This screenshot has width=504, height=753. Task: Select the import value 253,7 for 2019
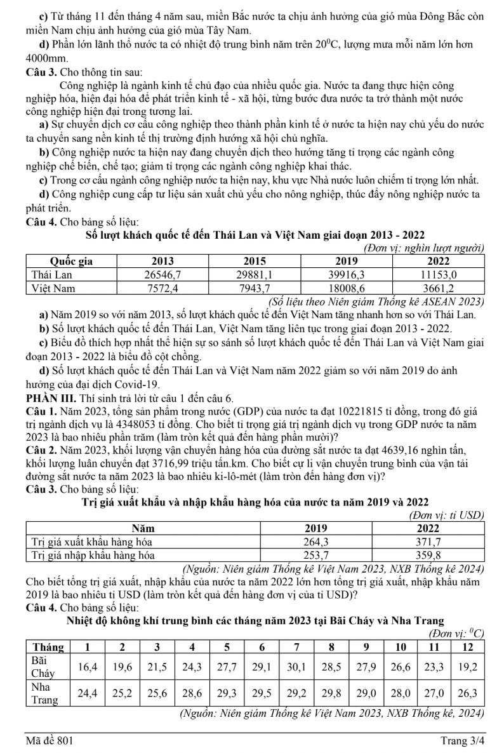pos(320,555)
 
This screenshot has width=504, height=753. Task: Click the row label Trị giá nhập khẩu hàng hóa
pos(93,555)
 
